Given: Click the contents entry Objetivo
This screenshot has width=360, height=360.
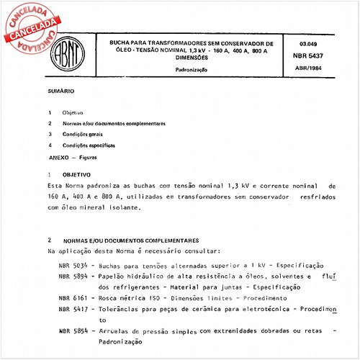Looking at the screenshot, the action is [73, 113].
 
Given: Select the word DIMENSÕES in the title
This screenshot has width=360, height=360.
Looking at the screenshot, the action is [191, 58].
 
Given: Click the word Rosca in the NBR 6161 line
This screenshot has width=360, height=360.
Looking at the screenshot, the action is [107, 297].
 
